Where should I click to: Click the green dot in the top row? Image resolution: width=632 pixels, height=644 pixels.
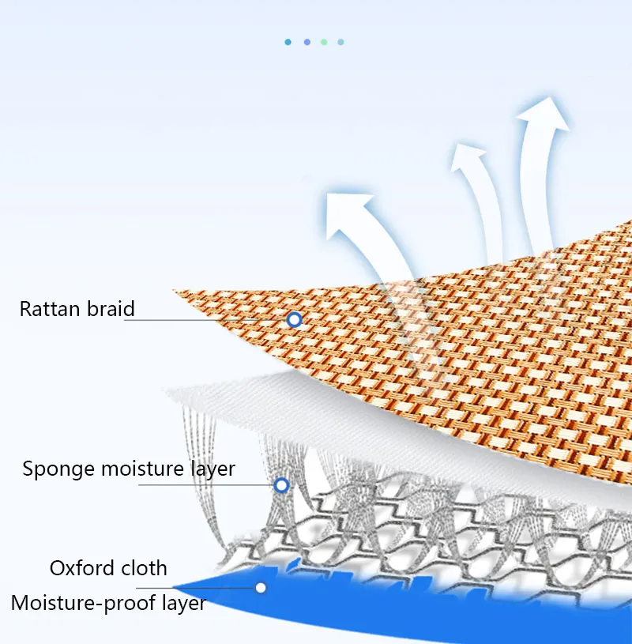tap(324, 42)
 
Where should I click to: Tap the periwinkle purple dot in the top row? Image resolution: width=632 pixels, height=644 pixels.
tap(307, 42)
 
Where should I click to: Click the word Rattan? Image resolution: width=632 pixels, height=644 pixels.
tap(47, 308)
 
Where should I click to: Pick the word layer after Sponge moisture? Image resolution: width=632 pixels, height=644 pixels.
tap(213, 469)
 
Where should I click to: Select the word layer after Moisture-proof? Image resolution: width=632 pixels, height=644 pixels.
tap(181, 604)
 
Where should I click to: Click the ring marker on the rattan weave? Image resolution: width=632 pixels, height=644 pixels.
tap(295, 320)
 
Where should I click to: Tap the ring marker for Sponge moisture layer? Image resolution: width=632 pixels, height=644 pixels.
tap(281, 485)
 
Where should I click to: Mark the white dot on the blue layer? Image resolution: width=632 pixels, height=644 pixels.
tap(261, 587)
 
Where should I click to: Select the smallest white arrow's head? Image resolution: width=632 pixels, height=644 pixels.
tap(468, 158)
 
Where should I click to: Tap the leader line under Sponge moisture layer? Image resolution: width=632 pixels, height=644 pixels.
tap(205, 485)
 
